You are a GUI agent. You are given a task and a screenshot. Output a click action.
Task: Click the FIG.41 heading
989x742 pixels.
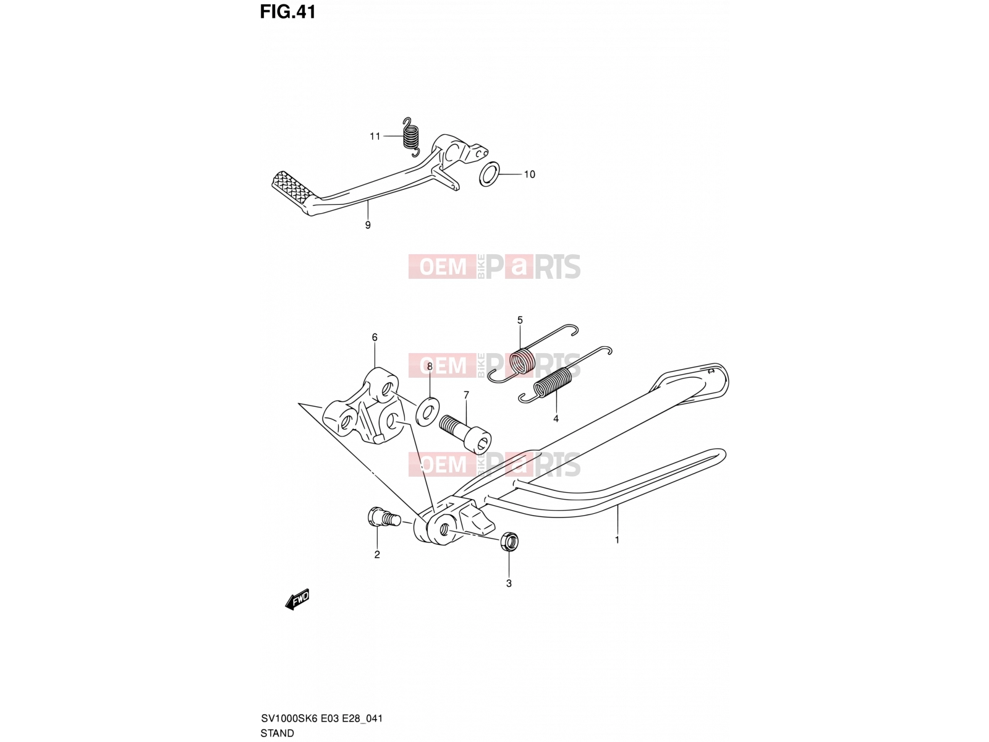[287, 12]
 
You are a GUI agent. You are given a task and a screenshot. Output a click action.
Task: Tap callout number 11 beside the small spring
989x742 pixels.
[375, 136]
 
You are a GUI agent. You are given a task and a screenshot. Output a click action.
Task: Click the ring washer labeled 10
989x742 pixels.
[489, 174]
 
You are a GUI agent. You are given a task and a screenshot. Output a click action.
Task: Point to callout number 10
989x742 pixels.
[529, 174]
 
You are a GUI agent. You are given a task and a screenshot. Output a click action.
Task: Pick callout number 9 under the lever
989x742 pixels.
[368, 225]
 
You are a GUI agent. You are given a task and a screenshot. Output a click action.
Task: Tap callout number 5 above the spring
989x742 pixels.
[520, 320]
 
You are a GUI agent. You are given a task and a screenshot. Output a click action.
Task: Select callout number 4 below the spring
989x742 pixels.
[556, 419]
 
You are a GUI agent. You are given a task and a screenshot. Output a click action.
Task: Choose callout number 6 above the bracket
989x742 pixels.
[375, 337]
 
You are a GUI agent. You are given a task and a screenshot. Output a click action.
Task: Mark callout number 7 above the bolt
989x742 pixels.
[466, 395]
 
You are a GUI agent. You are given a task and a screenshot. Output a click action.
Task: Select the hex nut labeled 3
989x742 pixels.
[509, 540]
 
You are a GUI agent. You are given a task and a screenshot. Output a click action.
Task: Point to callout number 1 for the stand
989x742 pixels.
[617, 539]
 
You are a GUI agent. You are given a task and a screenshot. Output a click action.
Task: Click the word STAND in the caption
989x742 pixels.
[277, 733]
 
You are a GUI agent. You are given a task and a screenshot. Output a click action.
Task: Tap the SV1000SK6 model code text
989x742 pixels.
[289, 718]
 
